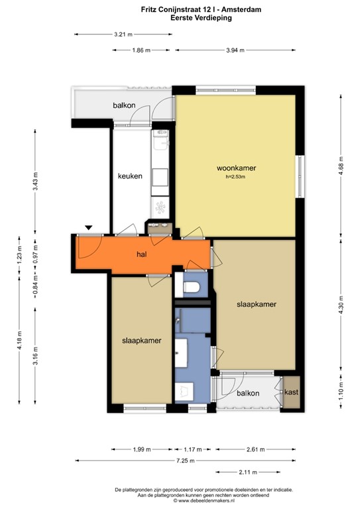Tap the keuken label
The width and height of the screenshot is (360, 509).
tap(130, 176)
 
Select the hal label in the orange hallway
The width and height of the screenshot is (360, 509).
tap(141, 254)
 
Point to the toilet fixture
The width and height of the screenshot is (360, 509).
tap(192, 287)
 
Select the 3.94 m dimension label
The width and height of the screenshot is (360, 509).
tap(235, 50)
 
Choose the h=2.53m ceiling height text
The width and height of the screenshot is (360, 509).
tap(236, 177)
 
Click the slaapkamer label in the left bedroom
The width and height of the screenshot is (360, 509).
tap(142, 341)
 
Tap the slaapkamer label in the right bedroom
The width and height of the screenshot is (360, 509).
tap(256, 304)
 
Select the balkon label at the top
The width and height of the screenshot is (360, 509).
tap(124, 105)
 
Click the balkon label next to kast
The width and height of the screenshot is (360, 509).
tap(247, 393)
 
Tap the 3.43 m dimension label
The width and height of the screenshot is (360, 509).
tap(36, 181)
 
